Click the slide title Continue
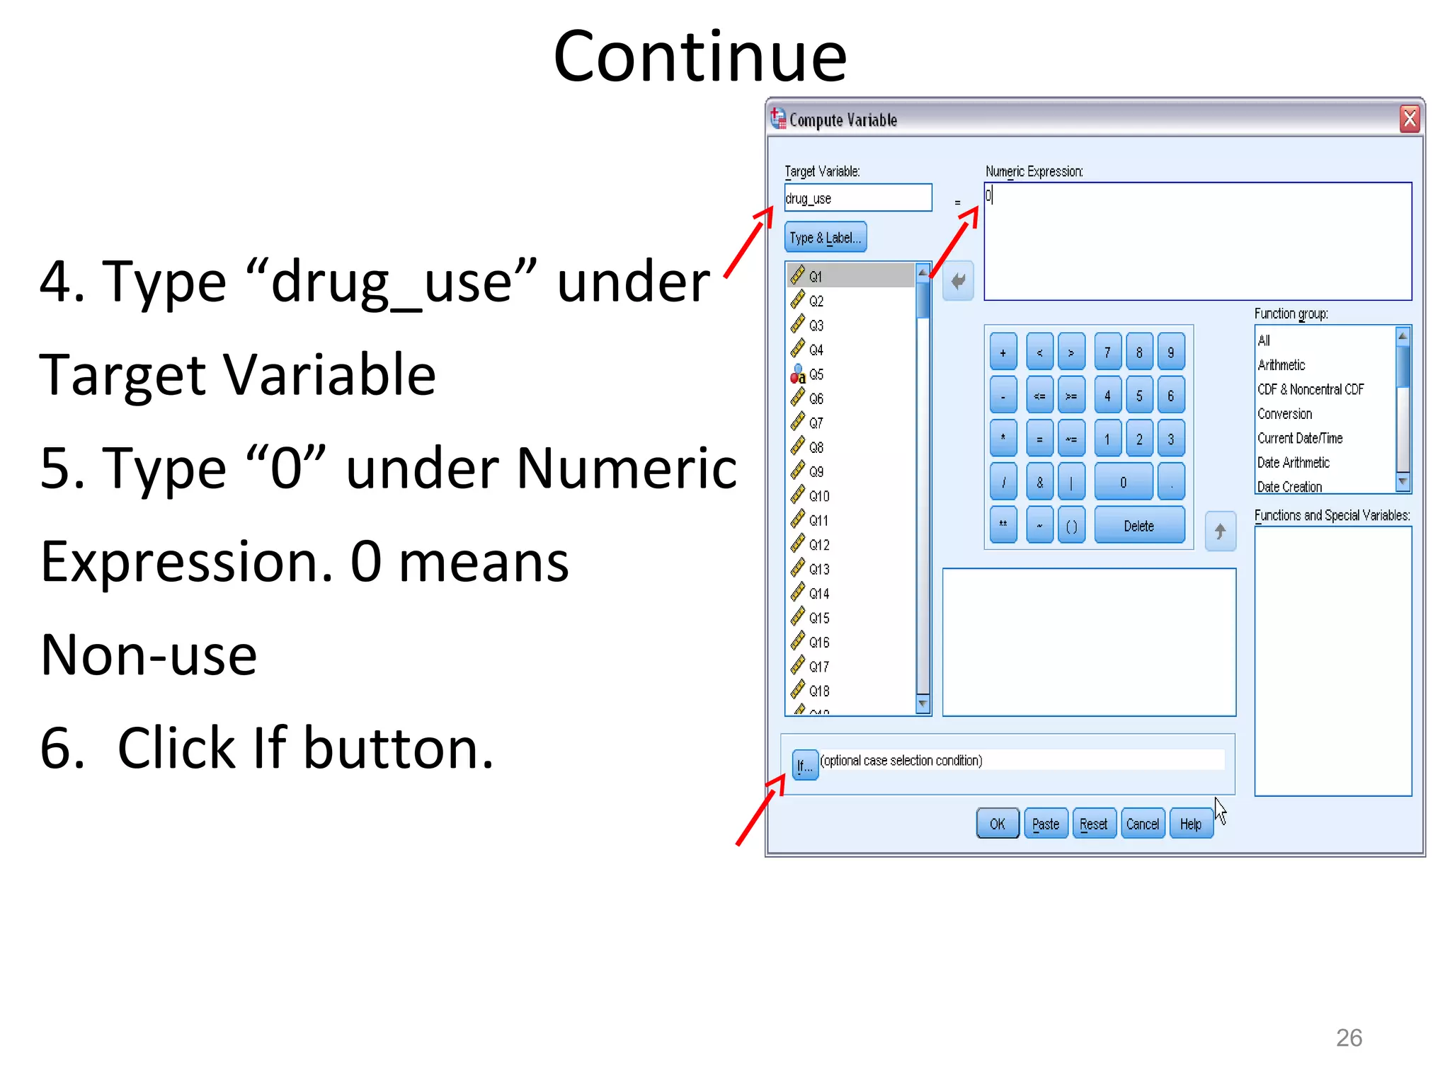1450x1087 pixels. [700, 57]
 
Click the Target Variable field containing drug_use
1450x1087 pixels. [857, 198]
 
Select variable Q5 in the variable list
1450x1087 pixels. [816, 374]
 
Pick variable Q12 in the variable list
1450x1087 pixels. [818, 545]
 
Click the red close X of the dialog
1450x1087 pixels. [1409, 119]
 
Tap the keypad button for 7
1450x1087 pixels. [1107, 352]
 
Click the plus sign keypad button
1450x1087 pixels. [1003, 352]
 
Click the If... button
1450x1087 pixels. [804, 765]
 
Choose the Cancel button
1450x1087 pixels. [1142, 824]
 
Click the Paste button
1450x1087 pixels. [1046, 824]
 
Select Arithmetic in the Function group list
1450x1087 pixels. [1281, 365]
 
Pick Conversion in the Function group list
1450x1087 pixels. [1284, 414]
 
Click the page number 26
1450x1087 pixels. [1349, 1037]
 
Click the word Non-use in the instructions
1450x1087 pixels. [149, 655]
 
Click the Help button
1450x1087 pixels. [1191, 824]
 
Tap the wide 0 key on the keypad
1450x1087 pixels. [1123, 483]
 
